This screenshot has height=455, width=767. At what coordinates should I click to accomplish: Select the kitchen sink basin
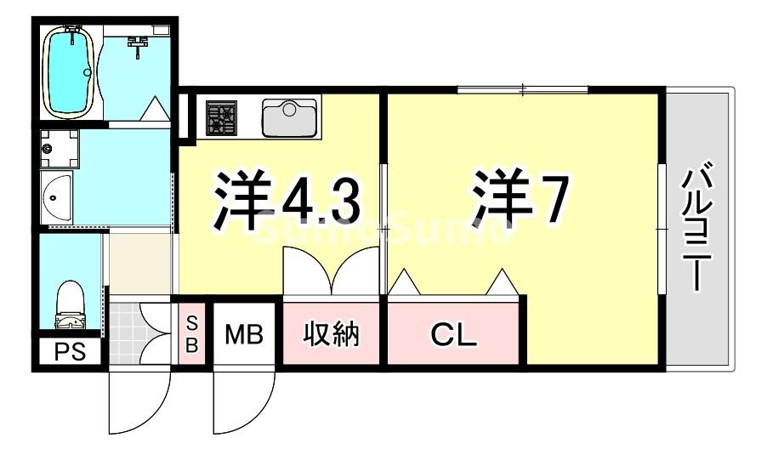point(289,117)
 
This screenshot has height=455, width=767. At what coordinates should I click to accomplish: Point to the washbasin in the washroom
point(56,196)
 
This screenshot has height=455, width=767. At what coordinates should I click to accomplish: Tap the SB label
point(191,334)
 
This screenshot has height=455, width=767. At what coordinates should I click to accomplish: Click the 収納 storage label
point(332,334)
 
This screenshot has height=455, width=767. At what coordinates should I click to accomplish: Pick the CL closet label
point(454,335)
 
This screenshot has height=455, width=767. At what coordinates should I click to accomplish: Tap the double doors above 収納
point(332,272)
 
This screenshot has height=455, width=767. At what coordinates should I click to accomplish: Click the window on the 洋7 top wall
point(522,88)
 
